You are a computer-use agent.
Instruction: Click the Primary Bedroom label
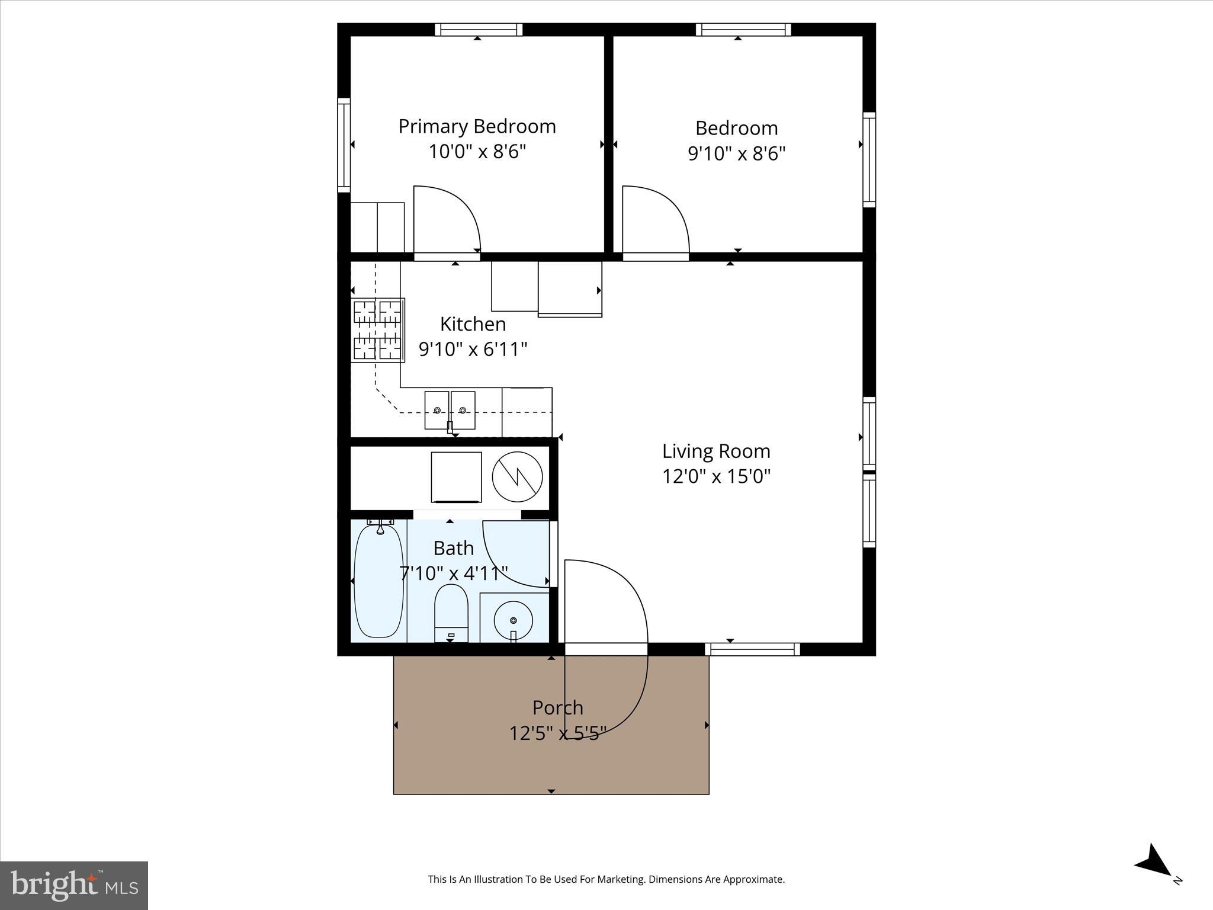[x=477, y=126]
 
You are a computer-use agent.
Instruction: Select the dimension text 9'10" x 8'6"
[x=736, y=153]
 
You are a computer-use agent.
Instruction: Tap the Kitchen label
[x=473, y=324]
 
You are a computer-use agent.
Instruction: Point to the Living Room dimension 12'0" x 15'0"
[x=716, y=476]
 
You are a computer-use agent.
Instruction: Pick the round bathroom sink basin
[x=513, y=620]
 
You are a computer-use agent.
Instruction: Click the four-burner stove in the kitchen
[x=378, y=330]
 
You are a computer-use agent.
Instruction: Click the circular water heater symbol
[x=518, y=476]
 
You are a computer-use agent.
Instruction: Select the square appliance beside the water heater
[x=456, y=477]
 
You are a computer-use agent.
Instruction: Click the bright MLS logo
[x=74, y=885]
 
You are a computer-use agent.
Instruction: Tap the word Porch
[x=557, y=707]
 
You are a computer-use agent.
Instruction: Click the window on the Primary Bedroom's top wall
[x=479, y=30]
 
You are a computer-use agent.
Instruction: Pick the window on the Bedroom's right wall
[x=869, y=160]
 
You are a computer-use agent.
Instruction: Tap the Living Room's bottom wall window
[x=752, y=650]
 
